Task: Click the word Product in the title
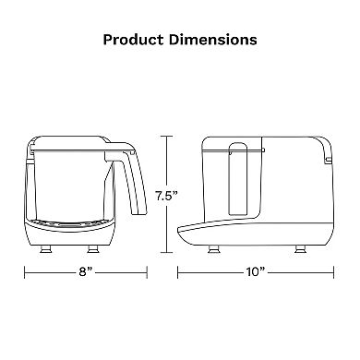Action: [x=133, y=40]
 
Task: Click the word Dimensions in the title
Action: [x=213, y=40]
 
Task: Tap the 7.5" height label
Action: [x=166, y=196]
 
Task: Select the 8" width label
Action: [x=86, y=272]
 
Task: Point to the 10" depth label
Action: [x=256, y=272]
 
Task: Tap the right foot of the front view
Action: [x=93, y=248]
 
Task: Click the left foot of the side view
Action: [x=213, y=248]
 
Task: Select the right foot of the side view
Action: [x=300, y=248]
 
